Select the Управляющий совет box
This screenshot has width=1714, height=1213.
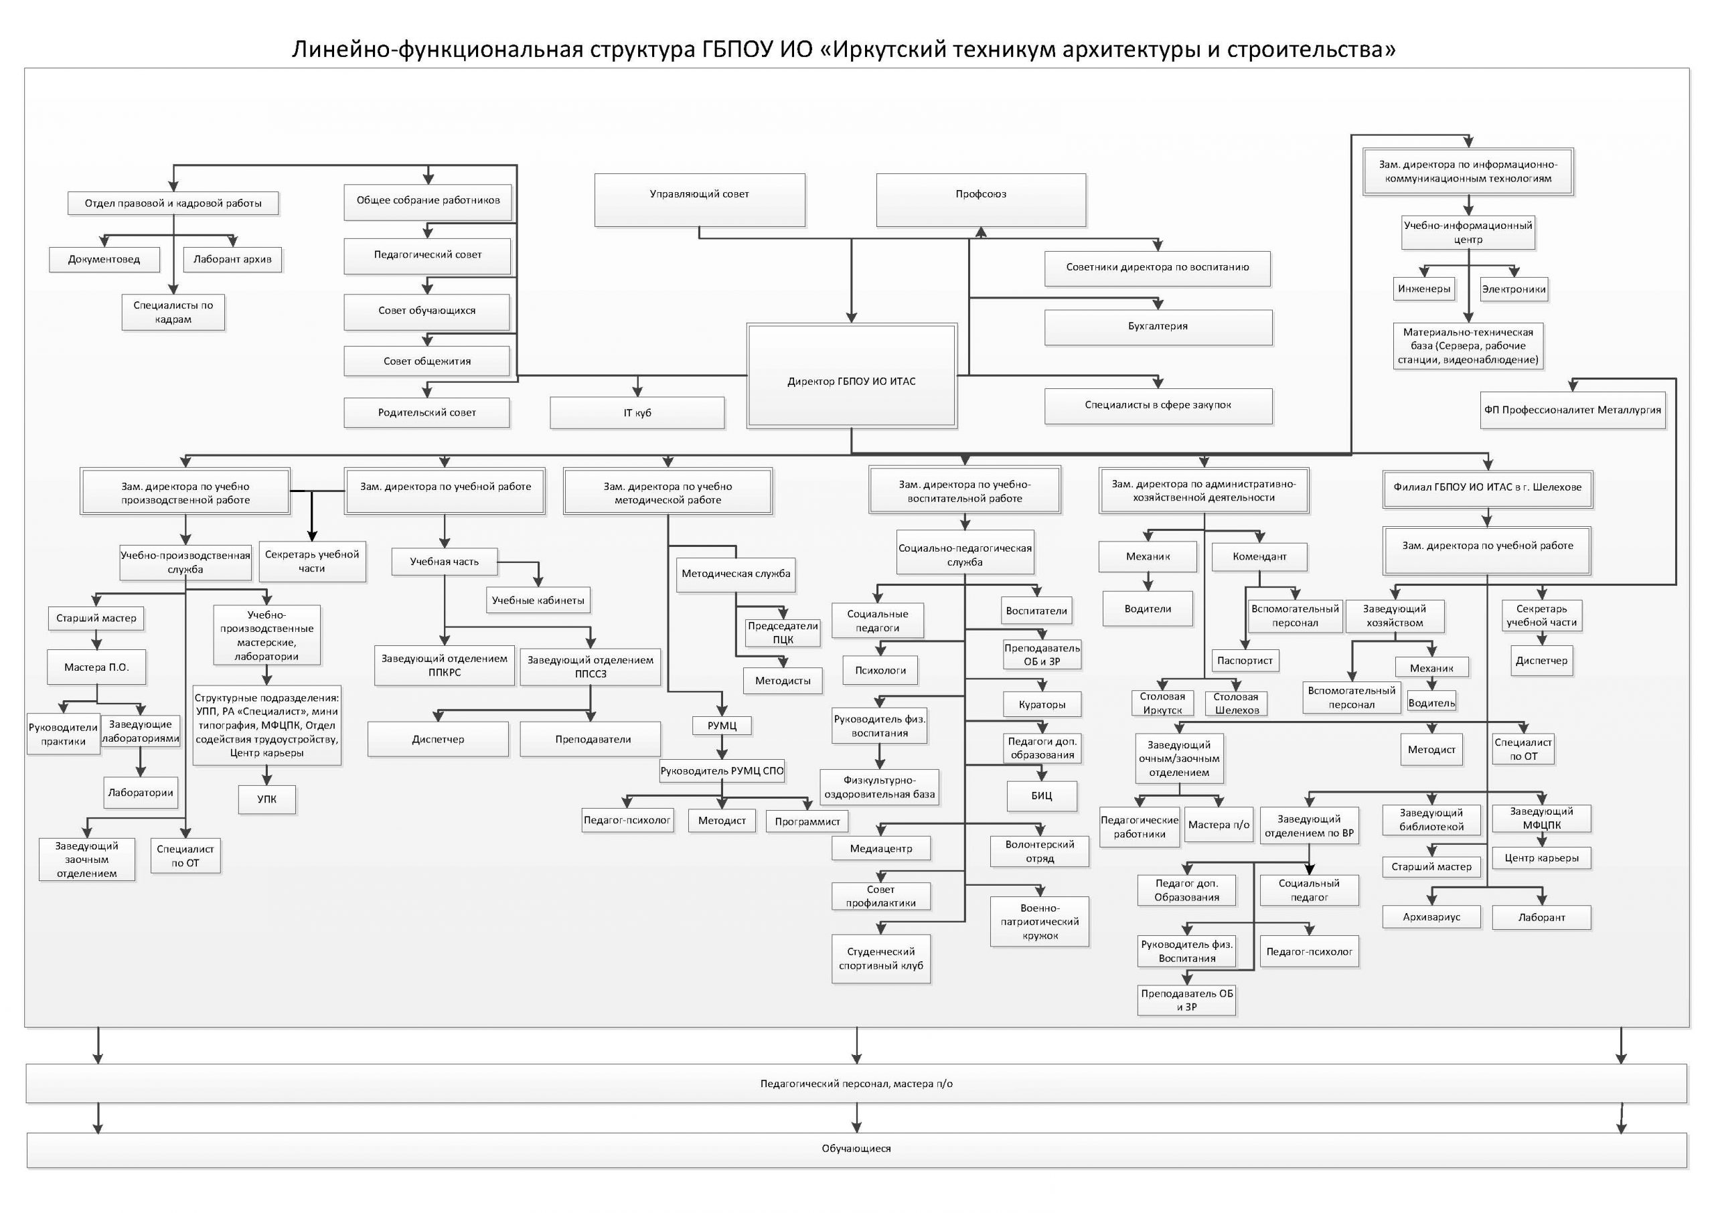click(x=699, y=199)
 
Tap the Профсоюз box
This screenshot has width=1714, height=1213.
click(x=981, y=199)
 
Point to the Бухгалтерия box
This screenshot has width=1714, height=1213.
click(x=1158, y=327)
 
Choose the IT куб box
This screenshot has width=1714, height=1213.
click(x=637, y=413)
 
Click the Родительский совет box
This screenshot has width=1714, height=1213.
click(x=426, y=412)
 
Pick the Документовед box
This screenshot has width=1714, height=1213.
click(x=104, y=259)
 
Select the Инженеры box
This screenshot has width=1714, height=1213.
click(x=1424, y=289)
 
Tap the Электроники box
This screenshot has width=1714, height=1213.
click(x=1514, y=289)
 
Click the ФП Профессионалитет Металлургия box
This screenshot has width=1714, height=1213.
click(x=1572, y=410)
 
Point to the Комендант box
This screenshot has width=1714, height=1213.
click(x=1259, y=556)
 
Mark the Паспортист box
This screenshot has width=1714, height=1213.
click(x=1244, y=660)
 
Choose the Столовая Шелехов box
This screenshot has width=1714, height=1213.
click(x=1237, y=704)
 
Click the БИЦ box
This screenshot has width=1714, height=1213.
click(x=1041, y=795)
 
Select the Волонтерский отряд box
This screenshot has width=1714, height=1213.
click(x=1040, y=852)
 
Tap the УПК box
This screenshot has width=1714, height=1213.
click(x=266, y=799)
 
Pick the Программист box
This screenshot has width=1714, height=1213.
click(x=807, y=821)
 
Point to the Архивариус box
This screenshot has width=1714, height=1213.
click(x=1431, y=917)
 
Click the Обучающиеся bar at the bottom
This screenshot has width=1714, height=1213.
click(x=856, y=1149)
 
